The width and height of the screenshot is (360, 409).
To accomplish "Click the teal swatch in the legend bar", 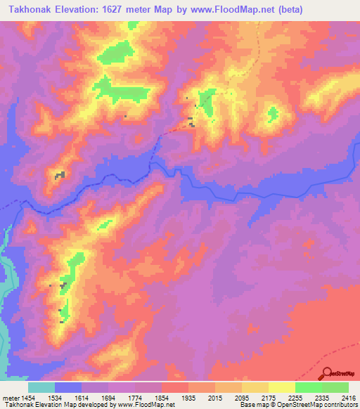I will point(41,387).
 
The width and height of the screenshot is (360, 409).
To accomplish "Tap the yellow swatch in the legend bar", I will point(281,387).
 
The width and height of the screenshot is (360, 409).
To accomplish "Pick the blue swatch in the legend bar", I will point(68,387).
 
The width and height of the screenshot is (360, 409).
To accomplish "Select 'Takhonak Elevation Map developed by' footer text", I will point(49,405).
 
